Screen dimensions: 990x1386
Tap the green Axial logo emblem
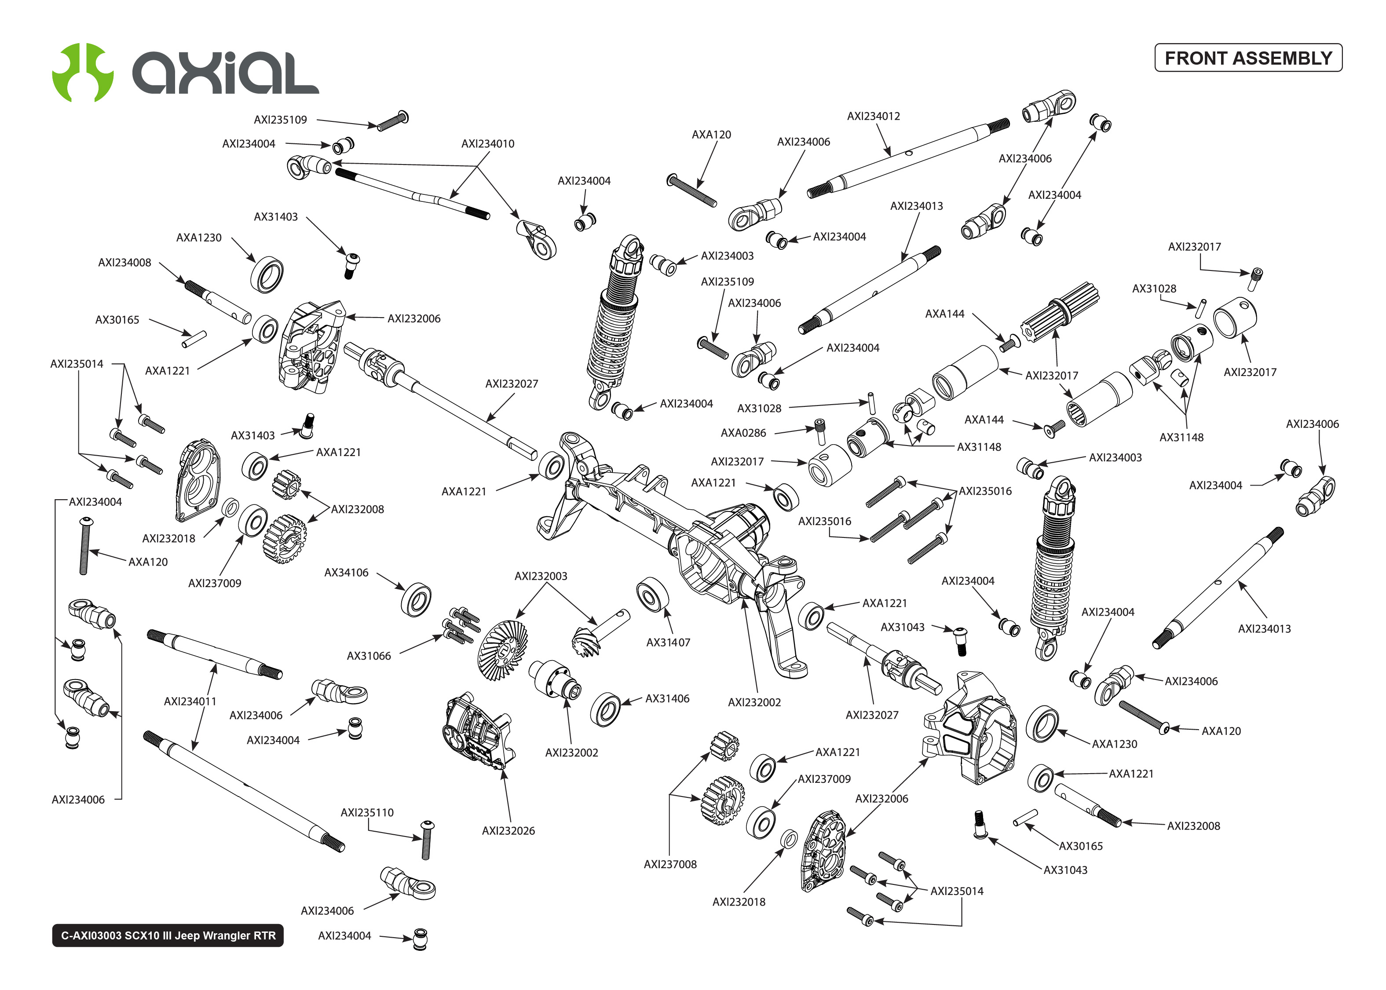coord(83,72)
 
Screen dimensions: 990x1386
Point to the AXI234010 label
coord(488,144)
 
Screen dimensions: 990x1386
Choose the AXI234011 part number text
coord(190,701)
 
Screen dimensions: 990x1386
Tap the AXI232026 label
coord(508,831)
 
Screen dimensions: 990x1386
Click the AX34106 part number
coord(346,573)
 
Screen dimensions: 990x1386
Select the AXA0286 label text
coord(743,433)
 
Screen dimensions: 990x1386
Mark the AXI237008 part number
coord(670,864)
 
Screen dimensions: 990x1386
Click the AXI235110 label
coord(367,813)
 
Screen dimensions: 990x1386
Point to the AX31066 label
coord(369,656)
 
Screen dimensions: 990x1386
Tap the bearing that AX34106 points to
coord(416,599)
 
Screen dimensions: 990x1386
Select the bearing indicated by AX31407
coord(651,594)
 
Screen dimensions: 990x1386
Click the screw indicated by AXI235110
coord(427,840)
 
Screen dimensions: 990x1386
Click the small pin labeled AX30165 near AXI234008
coord(194,339)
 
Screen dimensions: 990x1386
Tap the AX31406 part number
coord(667,698)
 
